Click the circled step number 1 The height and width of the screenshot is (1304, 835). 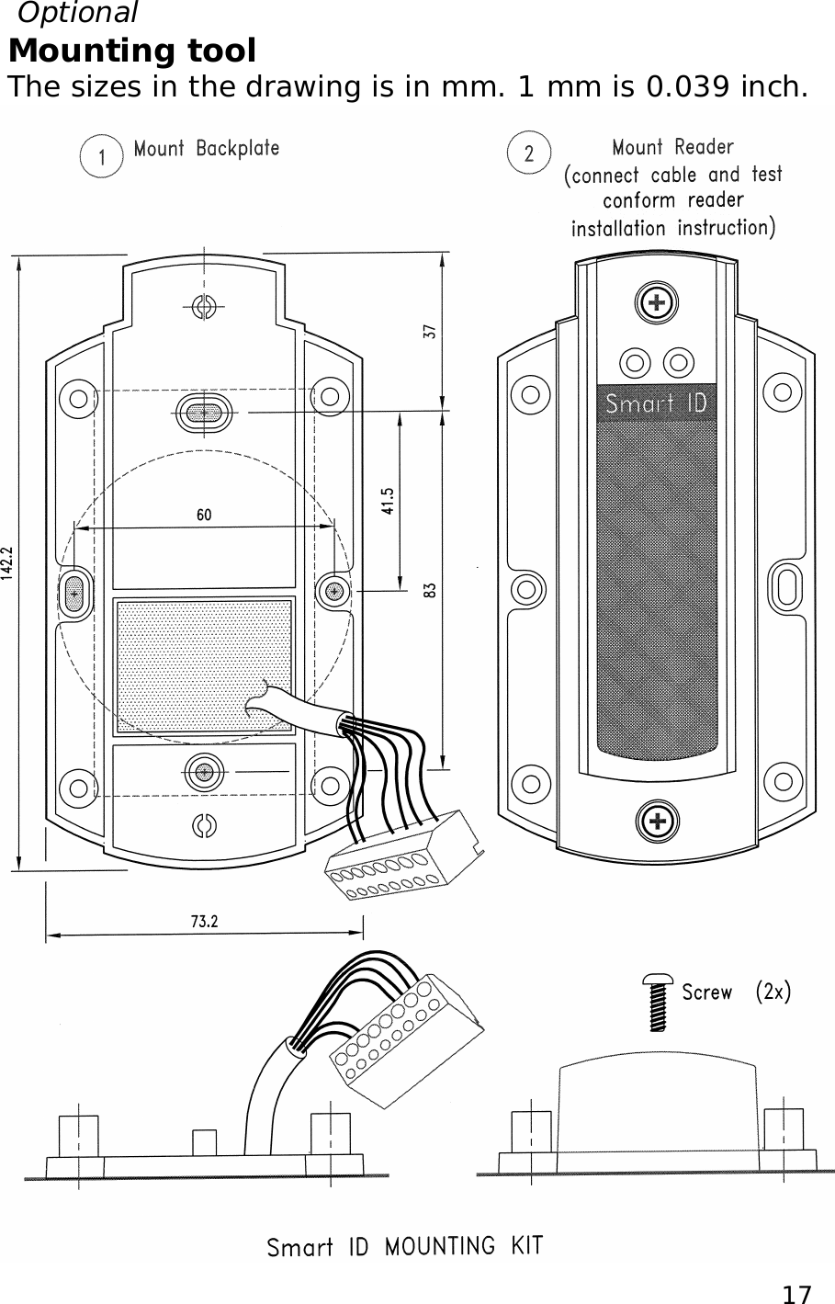pos(101,157)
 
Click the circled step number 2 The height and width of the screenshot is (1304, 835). pos(528,154)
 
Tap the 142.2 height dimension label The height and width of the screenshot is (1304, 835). pos(8,560)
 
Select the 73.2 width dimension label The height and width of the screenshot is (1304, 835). pos(204,922)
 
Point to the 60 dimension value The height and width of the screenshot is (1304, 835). pos(203,515)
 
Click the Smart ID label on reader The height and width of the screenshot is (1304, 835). pos(655,403)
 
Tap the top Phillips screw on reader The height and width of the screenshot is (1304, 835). pos(655,304)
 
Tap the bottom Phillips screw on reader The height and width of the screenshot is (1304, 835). pos(655,820)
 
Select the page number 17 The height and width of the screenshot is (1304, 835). pos(796,1294)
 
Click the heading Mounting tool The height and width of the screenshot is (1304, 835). pos(132,51)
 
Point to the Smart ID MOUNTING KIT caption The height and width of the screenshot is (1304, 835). pos(404,1247)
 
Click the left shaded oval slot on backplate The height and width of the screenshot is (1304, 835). pos(73,594)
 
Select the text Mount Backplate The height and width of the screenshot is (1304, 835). pos(207,148)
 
